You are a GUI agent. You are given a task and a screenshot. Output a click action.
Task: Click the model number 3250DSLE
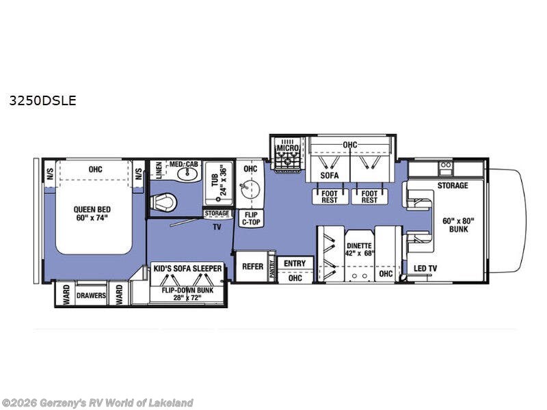(42, 100)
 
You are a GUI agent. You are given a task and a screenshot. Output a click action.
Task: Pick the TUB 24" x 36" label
(217, 180)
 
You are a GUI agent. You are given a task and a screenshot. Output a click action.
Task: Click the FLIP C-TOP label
(250, 218)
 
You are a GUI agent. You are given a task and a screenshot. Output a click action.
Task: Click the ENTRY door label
(295, 264)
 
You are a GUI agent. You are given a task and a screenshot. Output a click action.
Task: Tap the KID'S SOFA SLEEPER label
(187, 269)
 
